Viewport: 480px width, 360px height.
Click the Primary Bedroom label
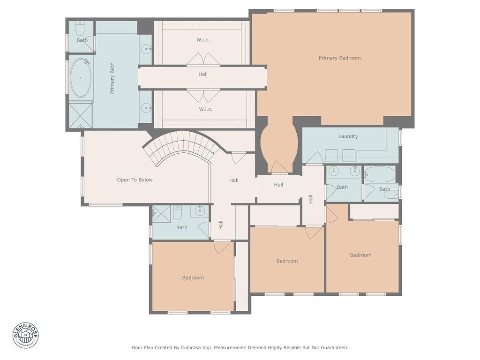339,58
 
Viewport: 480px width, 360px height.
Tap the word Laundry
348,136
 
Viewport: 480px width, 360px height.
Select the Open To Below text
135,180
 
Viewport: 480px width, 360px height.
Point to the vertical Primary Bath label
112,78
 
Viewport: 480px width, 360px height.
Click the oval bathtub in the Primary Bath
81,78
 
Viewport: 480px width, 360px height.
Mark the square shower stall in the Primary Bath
81,115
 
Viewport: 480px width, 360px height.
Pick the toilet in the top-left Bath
80,29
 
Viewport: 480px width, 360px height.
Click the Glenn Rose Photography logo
26,335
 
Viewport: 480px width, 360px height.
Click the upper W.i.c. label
203,40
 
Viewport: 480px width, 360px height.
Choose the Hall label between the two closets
203,74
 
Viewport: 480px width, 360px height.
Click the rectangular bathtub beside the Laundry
379,174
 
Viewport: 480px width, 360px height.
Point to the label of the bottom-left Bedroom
193,278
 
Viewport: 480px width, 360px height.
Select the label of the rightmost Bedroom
360,255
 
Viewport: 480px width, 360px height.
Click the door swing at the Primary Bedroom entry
279,167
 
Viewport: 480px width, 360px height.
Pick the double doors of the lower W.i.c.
203,95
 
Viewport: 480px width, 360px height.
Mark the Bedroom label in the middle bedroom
287,261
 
